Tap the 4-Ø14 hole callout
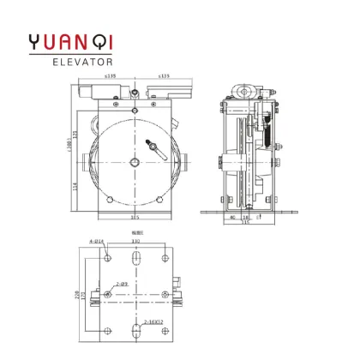(97, 242)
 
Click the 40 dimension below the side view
(234, 218)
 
